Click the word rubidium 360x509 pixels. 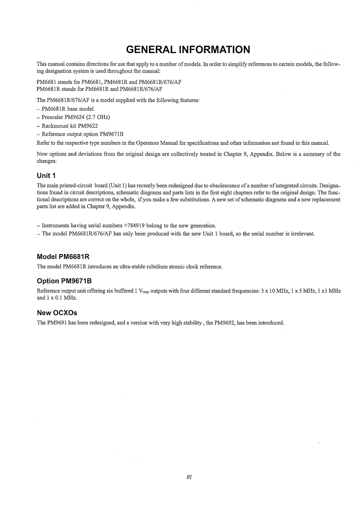(x=155, y=267)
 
